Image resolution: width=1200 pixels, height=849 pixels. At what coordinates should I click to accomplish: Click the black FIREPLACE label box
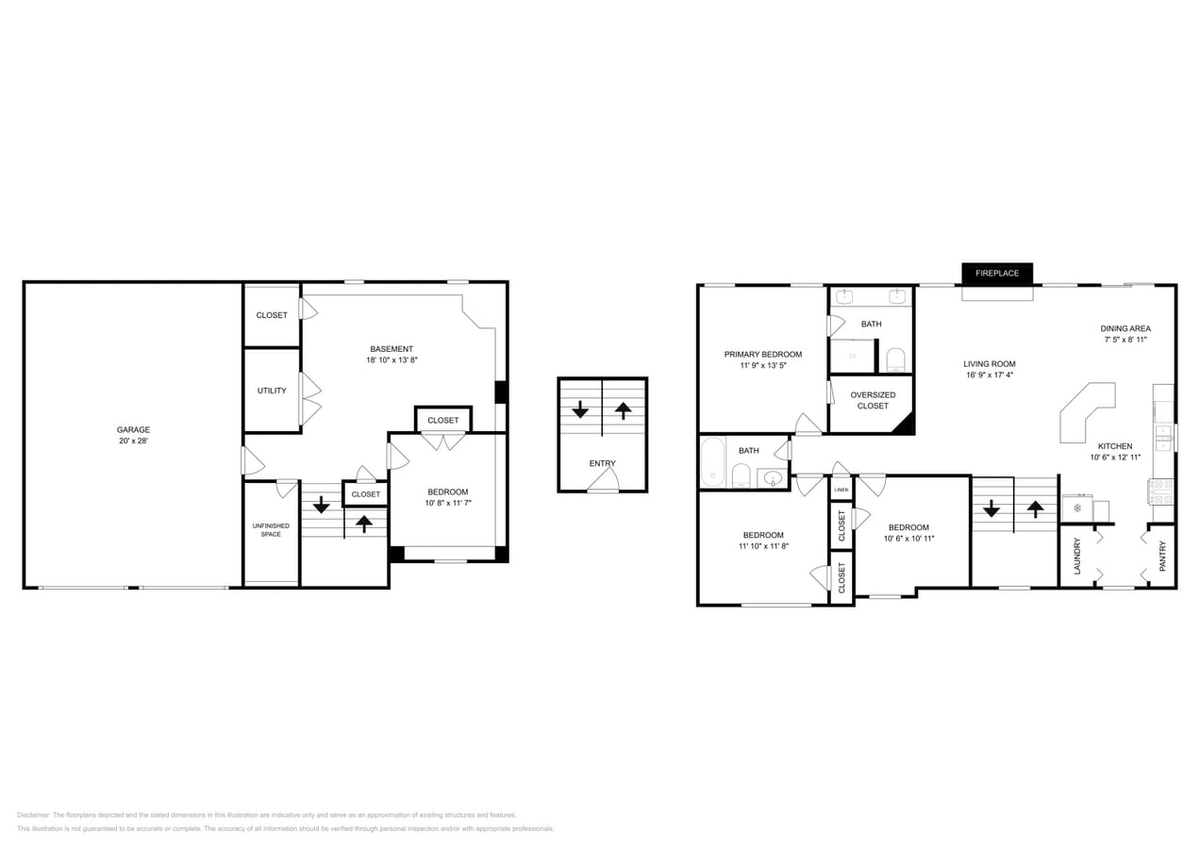pyautogui.click(x=997, y=274)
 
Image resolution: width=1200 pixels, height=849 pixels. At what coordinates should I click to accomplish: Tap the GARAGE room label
pyautogui.click(x=133, y=430)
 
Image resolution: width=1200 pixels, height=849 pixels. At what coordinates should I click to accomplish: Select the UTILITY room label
pyautogui.click(x=272, y=391)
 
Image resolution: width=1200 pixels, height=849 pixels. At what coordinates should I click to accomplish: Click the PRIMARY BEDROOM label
pyautogui.click(x=762, y=355)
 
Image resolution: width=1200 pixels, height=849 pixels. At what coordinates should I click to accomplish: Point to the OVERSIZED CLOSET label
pyautogui.click(x=873, y=400)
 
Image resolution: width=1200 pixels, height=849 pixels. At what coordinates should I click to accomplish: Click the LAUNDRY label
pyautogui.click(x=1076, y=557)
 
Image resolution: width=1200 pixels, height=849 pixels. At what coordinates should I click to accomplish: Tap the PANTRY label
pyautogui.click(x=1162, y=556)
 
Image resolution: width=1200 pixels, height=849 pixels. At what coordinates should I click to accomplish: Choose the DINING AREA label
pyautogui.click(x=1125, y=328)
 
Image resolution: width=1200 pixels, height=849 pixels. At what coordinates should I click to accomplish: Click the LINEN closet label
pyautogui.click(x=841, y=491)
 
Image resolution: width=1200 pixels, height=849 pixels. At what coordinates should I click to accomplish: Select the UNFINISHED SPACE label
pyautogui.click(x=271, y=530)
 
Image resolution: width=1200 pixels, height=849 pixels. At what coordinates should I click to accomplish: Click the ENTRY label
pyautogui.click(x=602, y=463)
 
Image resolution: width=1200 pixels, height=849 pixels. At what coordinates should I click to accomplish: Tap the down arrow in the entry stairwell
pyautogui.click(x=580, y=410)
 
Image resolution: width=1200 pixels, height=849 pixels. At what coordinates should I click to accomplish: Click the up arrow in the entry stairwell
pyautogui.click(x=623, y=410)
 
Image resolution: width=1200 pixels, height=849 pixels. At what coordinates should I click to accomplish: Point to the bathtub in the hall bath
pyautogui.click(x=712, y=462)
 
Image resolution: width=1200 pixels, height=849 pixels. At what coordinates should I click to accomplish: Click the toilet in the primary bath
pyautogui.click(x=895, y=359)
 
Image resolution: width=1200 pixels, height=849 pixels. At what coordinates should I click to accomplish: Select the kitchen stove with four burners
pyautogui.click(x=1160, y=491)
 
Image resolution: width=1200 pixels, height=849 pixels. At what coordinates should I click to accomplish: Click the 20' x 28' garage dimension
pyautogui.click(x=133, y=441)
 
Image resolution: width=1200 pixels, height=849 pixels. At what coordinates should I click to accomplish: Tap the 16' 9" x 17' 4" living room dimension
pyautogui.click(x=990, y=375)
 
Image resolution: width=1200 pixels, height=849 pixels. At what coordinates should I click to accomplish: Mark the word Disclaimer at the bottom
pyautogui.click(x=33, y=815)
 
